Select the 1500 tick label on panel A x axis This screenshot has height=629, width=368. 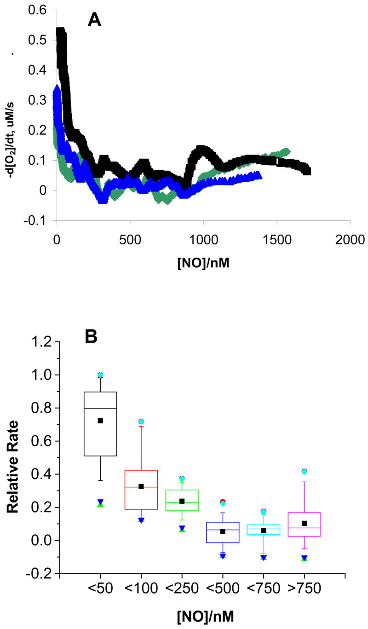276,240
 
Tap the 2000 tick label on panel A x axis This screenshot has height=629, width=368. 350,240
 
